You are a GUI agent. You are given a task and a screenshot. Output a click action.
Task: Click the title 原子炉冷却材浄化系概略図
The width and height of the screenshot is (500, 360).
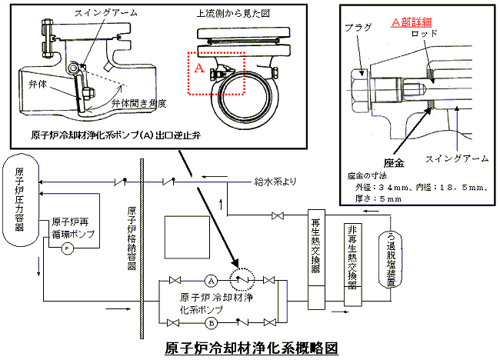pos(252,347)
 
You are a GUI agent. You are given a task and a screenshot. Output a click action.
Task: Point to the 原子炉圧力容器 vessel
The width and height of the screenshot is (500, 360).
pos(21,201)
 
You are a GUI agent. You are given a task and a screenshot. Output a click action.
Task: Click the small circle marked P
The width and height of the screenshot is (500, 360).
pos(67,248)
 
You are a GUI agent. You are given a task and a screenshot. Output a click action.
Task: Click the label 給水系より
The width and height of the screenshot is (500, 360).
pos(275,183)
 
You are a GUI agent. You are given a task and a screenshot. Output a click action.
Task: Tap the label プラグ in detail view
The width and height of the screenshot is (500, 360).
pos(359,27)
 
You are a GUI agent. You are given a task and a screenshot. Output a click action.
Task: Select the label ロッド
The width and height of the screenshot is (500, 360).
pos(425,35)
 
